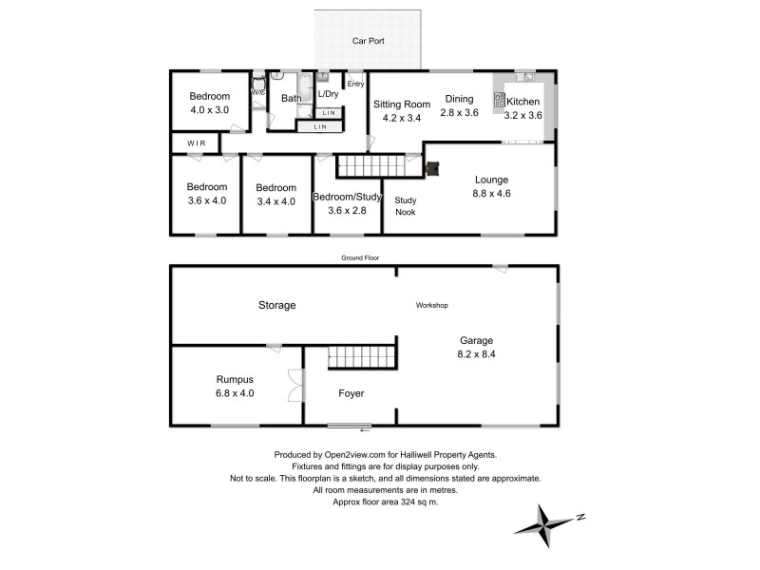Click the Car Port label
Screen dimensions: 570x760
point(368,42)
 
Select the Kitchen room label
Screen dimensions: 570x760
point(523,102)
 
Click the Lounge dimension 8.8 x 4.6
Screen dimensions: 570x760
point(492,193)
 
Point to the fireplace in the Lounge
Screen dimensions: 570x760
point(433,170)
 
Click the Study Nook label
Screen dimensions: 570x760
point(407,206)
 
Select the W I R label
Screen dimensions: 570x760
point(196,143)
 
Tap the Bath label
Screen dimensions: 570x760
point(290,98)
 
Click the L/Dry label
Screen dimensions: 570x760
point(328,94)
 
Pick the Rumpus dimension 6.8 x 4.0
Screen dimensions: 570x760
point(235,392)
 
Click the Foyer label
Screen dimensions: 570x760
point(351,392)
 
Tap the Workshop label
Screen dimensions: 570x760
point(431,305)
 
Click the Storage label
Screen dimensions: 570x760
point(277,305)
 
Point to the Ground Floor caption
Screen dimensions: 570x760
point(361,257)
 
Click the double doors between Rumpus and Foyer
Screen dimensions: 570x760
point(297,387)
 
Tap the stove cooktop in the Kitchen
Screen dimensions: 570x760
point(499,99)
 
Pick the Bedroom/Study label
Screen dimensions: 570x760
point(347,197)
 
